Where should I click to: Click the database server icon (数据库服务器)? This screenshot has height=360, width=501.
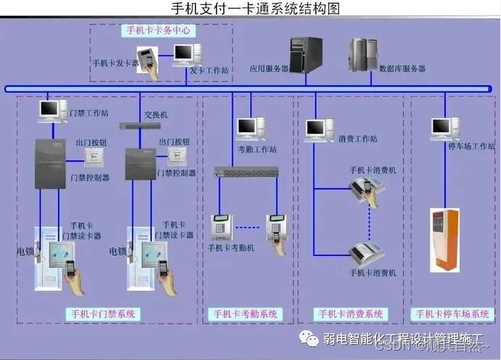[362, 55]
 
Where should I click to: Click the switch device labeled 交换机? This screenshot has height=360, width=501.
[140, 125]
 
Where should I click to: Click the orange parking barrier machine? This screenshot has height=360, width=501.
[445, 240]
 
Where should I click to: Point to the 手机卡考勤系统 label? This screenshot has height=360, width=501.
[245, 314]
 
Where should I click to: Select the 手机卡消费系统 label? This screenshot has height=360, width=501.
[351, 314]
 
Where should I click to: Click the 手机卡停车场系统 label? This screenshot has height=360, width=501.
[453, 314]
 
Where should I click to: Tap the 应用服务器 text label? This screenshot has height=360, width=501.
[269, 69]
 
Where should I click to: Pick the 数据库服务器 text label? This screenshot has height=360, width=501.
[402, 68]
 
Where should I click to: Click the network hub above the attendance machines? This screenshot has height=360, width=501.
[246, 172]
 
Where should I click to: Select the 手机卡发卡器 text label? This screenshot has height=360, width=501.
[116, 63]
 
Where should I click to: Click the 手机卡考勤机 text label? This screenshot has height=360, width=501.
[231, 247]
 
